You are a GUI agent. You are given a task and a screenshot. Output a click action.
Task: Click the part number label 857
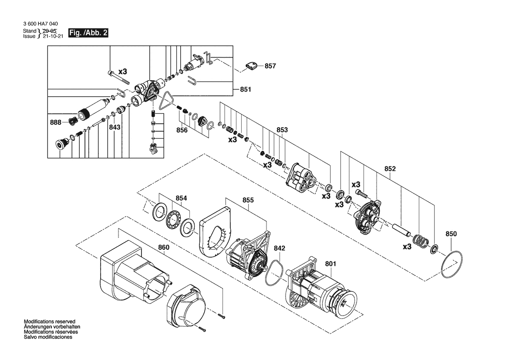tap(270, 66)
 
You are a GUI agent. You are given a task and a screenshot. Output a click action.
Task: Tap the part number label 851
tap(246, 89)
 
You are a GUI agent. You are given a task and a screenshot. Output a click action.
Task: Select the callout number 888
tap(55, 122)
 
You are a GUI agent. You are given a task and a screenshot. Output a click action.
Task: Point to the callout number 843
tap(115, 127)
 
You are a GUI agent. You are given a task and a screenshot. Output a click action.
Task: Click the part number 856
tap(182, 130)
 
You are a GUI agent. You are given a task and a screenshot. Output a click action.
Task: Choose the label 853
tap(282, 130)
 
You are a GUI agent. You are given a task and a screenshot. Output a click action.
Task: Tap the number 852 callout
tap(390, 169)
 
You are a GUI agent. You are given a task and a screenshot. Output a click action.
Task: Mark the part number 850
tap(451, 234)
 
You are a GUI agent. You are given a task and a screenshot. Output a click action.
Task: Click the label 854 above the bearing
tap(181, 198)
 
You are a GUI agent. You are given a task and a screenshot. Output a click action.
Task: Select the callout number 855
tap(248, 200)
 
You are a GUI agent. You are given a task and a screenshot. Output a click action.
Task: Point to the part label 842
tap(279, 248)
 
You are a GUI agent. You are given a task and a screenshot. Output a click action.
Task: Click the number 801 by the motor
tap(330, 264)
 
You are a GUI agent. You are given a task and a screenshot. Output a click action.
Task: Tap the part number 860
tap(164, 248)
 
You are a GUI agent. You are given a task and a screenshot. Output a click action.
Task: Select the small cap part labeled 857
tap(251, 65)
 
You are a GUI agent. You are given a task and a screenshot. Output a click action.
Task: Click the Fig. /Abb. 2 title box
tap(88, 33)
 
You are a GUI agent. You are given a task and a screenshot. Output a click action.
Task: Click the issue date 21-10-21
tap(53, 36)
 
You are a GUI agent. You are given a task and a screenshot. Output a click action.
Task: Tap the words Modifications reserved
tap(50, 322)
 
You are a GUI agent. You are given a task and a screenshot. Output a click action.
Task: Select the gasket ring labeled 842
tap(274, 272)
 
